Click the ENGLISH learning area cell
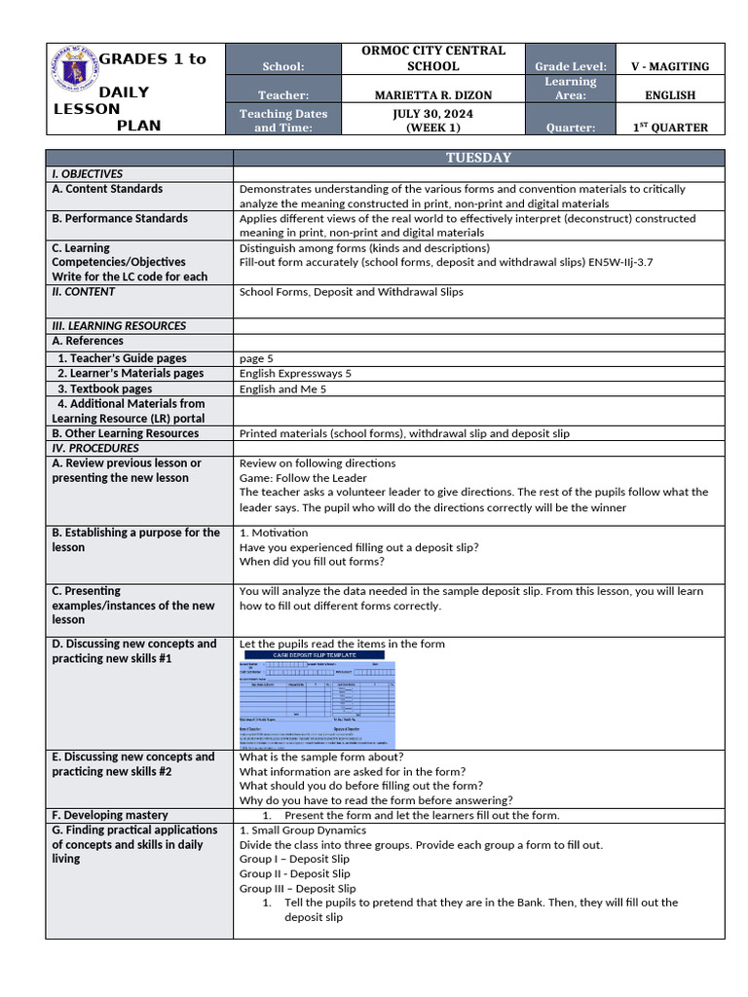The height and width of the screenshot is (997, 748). (x=670, y=95)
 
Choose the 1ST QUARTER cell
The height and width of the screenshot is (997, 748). (x=670, y=128)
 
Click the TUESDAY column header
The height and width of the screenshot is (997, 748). (x=478, y=158)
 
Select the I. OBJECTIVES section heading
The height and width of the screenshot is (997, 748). (x=88, y=173)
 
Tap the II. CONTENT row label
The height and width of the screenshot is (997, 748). (x=84, y=291)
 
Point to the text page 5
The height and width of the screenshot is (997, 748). (x=256, y=358)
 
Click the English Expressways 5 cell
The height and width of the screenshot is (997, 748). (x=295, y=373)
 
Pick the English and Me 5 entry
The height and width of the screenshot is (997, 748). (x=282, y=388)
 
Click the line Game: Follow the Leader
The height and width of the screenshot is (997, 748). (x=303, y=478)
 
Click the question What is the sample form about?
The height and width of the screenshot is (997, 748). (x=321, y=757)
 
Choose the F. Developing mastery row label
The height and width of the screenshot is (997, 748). (x=110, y=815)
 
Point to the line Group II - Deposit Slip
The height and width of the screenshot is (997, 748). (x=294, y=873)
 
